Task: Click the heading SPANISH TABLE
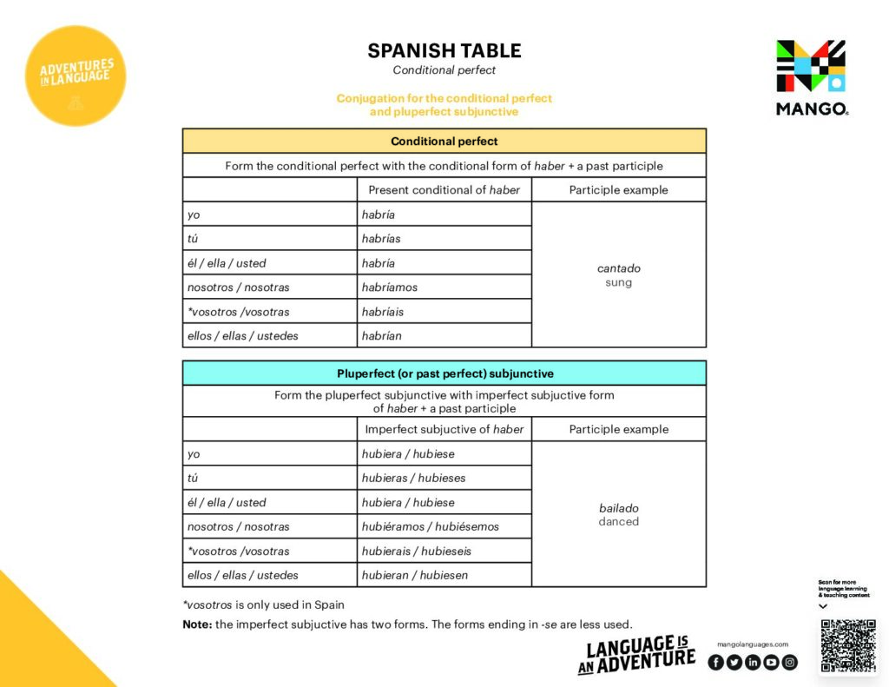444,50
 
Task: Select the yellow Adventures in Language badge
76,76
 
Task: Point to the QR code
847,644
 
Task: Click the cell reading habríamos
390,287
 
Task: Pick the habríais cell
383,312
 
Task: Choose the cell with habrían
382,336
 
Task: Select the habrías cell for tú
381,239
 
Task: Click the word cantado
619,268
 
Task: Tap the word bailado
619,508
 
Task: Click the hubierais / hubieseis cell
417,551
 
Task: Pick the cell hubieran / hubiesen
415,575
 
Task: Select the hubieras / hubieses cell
414,478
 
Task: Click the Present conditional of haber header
444,190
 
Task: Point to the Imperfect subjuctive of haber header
444,429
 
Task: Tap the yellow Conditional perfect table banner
444,141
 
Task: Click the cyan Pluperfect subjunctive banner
444,373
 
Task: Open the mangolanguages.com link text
753,644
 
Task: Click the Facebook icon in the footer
715,662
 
